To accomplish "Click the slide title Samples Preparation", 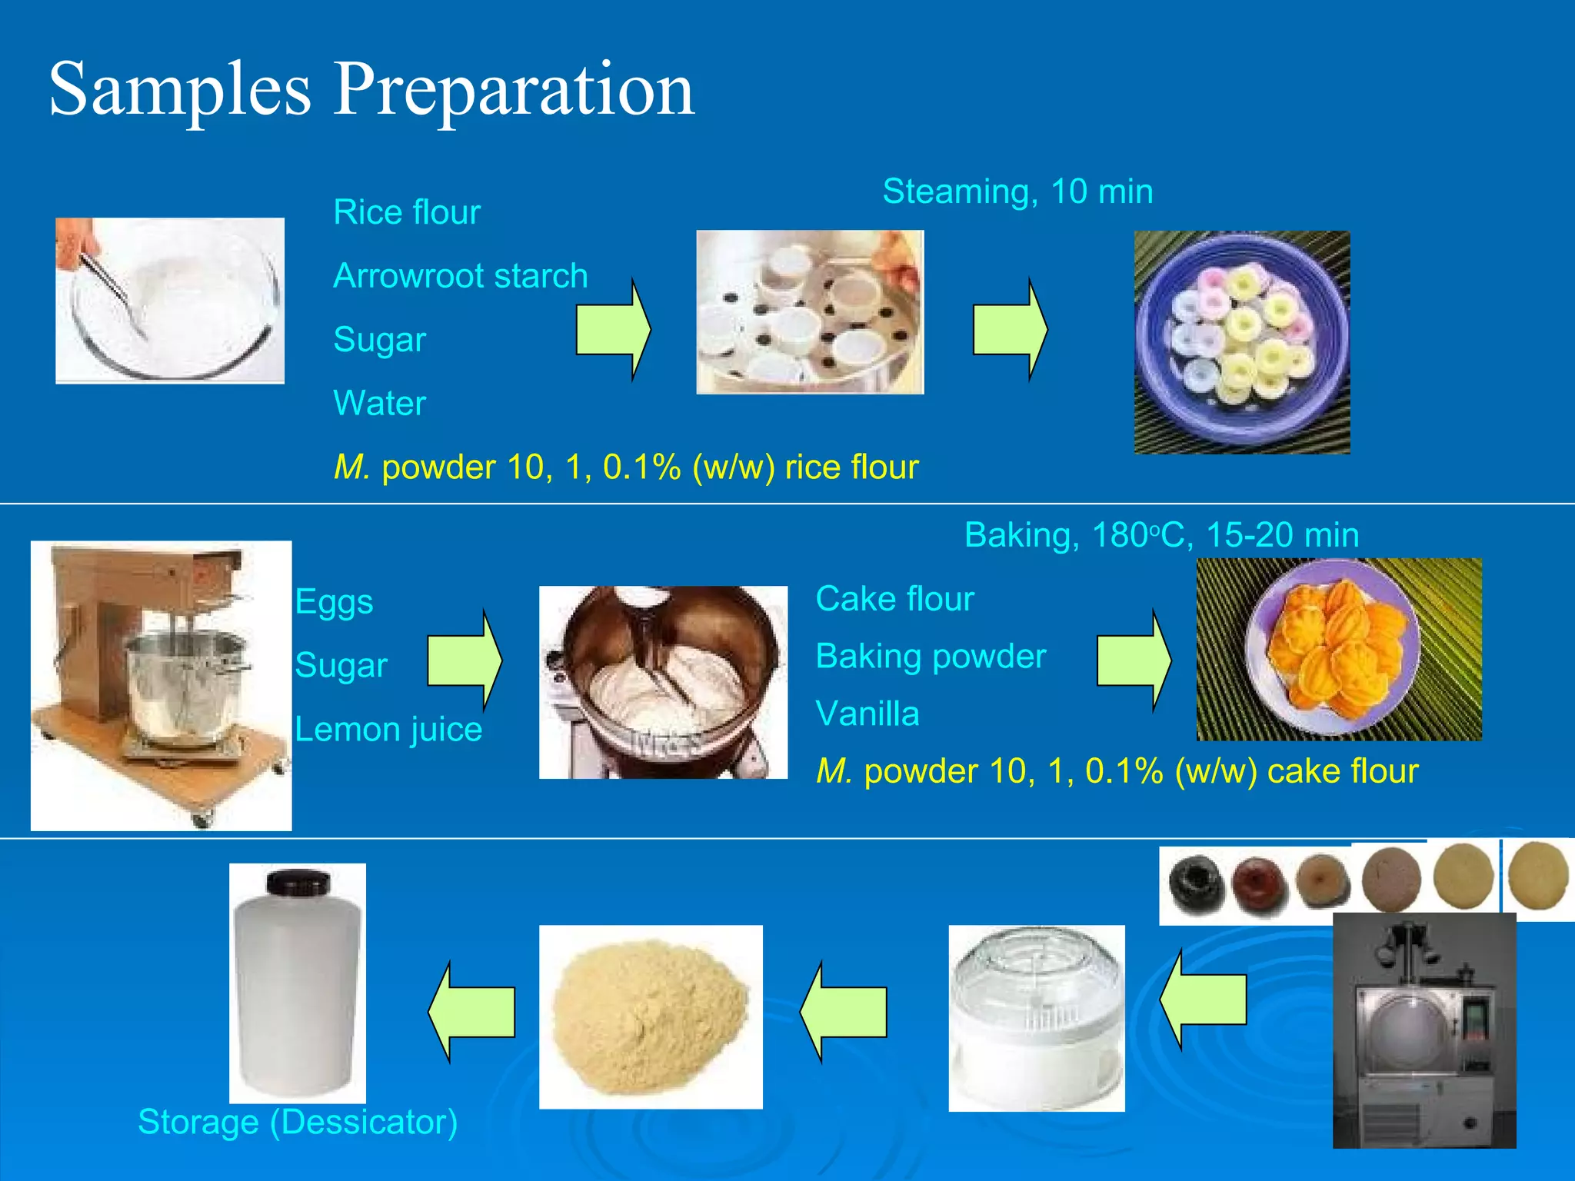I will [371, 90].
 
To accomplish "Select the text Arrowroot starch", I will [460, 276].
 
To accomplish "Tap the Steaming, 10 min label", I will [1017, 191].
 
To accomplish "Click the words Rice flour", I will [406, 212].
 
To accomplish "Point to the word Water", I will [379, 403].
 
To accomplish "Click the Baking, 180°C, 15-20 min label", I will [1161, 535].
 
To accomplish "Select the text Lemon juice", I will [388, 729].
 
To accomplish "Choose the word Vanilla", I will [867, 714].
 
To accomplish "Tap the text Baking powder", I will [931, 656].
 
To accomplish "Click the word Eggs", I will [334, 601].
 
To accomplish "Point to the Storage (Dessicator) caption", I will [298, 1122].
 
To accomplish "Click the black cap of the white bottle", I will [298, 883].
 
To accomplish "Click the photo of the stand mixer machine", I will [161, 684].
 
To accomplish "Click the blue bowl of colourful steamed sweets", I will [1241, 342].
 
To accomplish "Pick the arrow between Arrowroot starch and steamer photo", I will [613, 329].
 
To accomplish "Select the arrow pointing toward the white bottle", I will [471, 1012].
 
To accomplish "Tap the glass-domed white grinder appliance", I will [1036, 1018].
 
